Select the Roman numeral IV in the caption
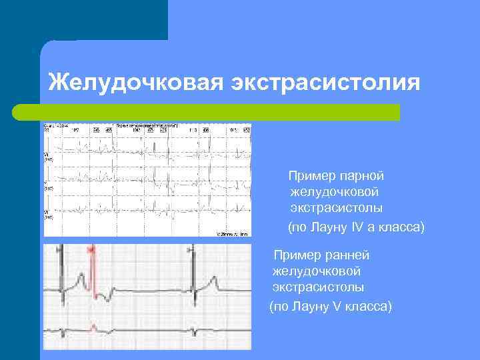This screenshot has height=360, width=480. coord(359,227)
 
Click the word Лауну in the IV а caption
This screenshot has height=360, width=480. coord(326,227)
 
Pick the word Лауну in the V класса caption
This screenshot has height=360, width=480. coord(307,306)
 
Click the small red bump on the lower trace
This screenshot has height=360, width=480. coord(93,326)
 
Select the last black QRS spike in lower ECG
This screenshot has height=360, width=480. coord(193,267)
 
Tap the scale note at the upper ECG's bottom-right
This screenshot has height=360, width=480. coord(233,234)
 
